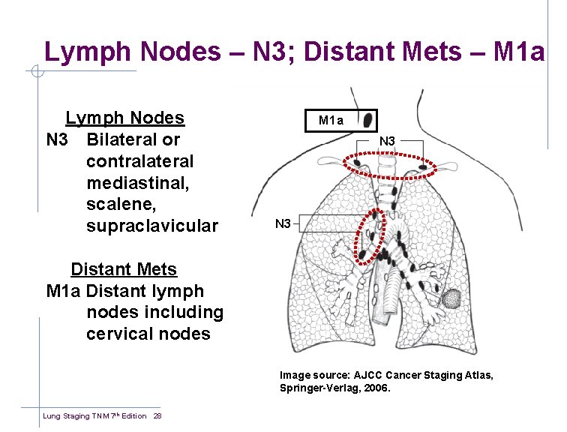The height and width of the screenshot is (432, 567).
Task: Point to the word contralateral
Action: pyautogui.click(x=140, y=161)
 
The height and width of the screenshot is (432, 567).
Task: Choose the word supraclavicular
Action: pyautogui.click(x=151, y=226)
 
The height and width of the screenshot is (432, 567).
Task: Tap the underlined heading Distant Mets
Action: pyautogui.click(x=124, y=269)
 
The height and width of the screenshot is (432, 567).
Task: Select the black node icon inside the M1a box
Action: pyautogui.click(x=367, y=120)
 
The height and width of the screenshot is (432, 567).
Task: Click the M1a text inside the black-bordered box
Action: pyautogui.click(x=331, y=120)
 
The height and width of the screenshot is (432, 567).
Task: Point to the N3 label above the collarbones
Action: pyautogui.click(x=387, y=141)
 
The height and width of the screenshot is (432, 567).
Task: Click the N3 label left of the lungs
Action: pyautogui.click(x=283, y=223)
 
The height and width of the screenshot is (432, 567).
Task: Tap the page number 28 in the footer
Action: pyautogui.click(x=157, y=416)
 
